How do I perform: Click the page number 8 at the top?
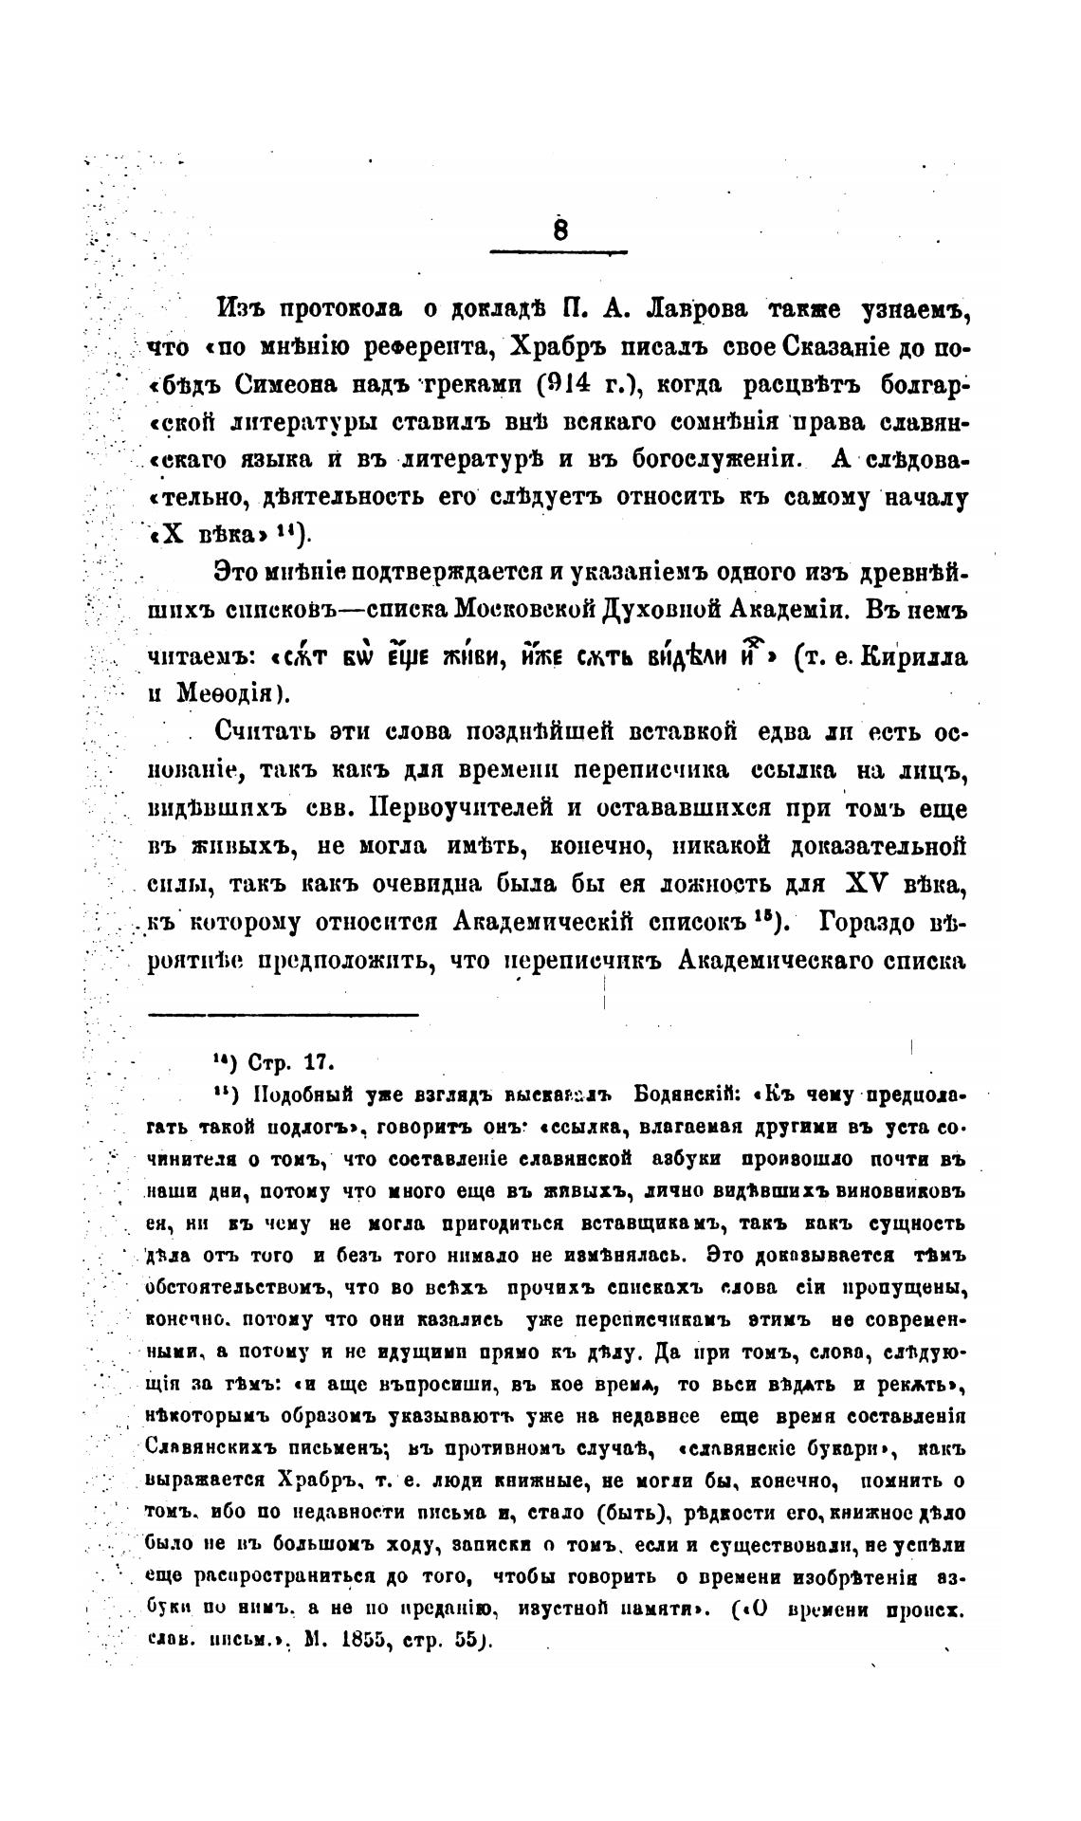[559, 230]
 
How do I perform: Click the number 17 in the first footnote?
[313, 1059]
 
